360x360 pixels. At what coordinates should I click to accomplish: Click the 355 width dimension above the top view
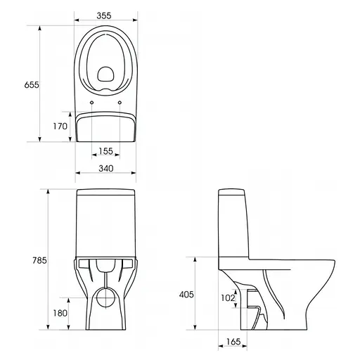[106, 15]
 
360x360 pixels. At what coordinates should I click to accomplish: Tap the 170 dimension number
[60, 126]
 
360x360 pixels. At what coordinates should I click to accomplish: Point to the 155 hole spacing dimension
[106, 151]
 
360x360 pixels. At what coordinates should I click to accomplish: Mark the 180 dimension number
[60, 312]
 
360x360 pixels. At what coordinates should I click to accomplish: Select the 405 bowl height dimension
[186, 294]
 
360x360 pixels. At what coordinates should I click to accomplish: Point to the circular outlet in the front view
[106, 298]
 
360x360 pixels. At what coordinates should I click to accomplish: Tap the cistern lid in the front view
[105, 193]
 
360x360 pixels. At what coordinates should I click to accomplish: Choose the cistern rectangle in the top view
[105, 127]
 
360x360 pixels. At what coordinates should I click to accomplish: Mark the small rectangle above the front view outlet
[106, 266]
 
